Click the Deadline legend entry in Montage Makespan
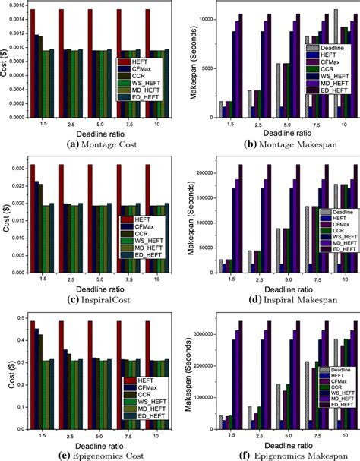327,47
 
